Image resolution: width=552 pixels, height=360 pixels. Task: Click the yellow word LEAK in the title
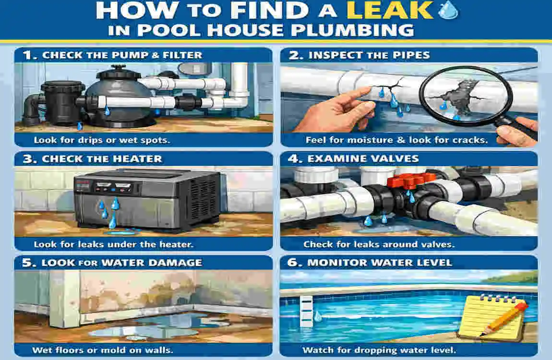(398, 11)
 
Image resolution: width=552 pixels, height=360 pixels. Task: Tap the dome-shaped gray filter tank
(112, 98)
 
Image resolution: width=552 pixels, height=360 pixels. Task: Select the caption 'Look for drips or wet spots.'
(103, 140)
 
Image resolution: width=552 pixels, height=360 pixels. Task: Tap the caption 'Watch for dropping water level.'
(379, 349)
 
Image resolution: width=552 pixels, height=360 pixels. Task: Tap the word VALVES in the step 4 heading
(398, 159)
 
